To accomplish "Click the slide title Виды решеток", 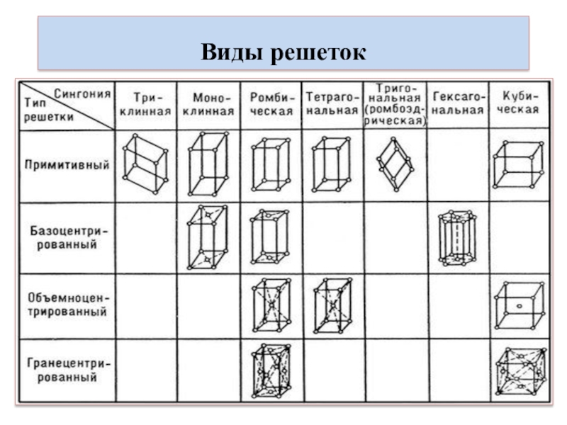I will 283,52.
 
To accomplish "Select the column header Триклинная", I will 145,103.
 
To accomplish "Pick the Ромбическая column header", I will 271,103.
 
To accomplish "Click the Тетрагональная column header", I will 332,103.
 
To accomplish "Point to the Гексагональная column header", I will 458,103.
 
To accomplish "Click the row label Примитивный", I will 67,165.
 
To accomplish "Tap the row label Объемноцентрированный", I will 66,305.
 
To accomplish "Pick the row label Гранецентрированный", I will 67,370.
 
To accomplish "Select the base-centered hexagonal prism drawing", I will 458,237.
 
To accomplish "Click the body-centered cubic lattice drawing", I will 519,305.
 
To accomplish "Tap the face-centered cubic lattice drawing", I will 520,373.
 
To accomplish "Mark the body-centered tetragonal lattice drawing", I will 332,305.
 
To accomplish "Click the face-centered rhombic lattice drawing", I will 270,373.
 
